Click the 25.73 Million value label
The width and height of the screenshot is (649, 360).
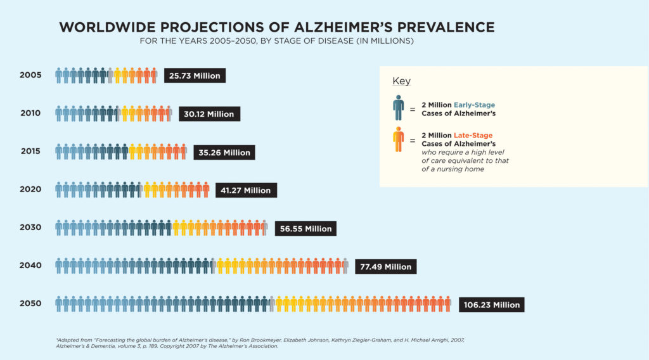tap(195, 76)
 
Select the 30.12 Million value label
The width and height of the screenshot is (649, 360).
tap(209, 114)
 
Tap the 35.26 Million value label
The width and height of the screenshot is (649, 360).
tap(224, 152)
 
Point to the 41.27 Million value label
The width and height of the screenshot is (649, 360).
tap(246, 190)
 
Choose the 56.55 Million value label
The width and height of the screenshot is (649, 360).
tap(305, 229)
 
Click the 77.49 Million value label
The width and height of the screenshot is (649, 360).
tap(385, 267)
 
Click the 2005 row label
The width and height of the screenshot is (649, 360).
tap(30, 75)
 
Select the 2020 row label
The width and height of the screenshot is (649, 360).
tap(30, 189)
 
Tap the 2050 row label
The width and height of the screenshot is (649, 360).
tap(30, 304)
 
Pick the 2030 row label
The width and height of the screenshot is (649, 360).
tap(30, 227)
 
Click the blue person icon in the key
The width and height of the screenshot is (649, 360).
tap(398, 108)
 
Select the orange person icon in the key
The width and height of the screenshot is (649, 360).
tap(398, 139)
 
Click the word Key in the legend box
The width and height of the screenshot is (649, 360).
tap(401, 81)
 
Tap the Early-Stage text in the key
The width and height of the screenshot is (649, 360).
tap(474, 105)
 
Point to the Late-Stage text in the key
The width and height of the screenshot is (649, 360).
tap(473, 135)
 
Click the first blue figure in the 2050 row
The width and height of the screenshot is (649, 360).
tap(59, 304)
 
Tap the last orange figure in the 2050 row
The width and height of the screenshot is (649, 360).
tap(447, 304)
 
